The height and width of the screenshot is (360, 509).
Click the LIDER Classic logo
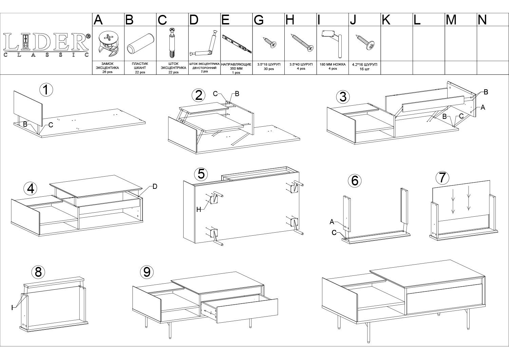click(46, 45)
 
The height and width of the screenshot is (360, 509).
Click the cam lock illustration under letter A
click(108, 43)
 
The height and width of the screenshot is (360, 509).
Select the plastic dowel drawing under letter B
click(140, 44)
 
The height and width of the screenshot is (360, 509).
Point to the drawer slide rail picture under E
click(237, 44)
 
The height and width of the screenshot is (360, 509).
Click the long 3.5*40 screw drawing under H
click(302, 42)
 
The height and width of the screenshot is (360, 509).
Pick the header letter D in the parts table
click(194, 20)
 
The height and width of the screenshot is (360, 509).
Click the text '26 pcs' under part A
click(107, 72)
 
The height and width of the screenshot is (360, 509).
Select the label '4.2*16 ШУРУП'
click(364, 65)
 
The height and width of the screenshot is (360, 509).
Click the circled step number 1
click(46, 90)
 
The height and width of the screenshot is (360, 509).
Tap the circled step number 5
click(201, 174)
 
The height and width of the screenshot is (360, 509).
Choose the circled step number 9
click(147, 272)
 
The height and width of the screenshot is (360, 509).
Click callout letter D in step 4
click(155, 187)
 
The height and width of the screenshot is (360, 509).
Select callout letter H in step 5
click(199, 210)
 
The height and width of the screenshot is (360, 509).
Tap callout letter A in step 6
click(332, 222)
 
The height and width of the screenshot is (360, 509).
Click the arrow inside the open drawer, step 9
click(209, 313)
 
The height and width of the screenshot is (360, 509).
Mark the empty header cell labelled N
click(493, 20)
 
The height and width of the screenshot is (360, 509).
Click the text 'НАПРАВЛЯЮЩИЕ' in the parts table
click(236, 65)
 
